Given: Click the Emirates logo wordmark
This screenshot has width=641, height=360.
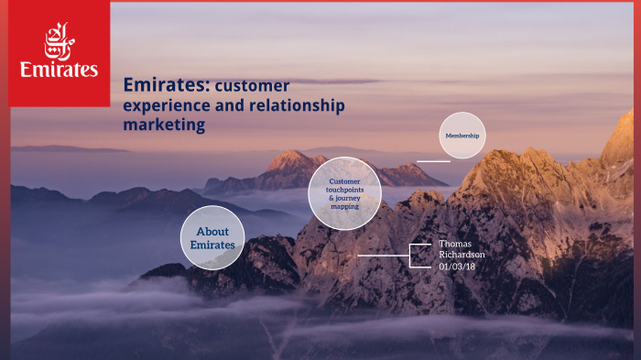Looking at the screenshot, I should click(60, 71).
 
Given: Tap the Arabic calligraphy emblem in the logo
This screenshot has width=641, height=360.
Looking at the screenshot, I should click(60, 41).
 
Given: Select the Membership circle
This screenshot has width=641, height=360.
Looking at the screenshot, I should click(462, 136).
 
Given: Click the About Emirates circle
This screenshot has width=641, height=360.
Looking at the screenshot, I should click(212, 237).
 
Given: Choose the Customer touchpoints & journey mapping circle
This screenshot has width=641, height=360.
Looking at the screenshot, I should click(344, 193).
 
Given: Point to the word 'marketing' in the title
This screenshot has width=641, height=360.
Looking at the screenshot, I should click(164, 125).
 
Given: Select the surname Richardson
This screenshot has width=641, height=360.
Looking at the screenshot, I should click(462, 255).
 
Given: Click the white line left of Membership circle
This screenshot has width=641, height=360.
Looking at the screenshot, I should click(432, 161).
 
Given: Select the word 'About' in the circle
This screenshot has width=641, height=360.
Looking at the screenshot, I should click(212, 232).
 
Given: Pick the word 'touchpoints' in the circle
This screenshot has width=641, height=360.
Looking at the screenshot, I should click(344, 190).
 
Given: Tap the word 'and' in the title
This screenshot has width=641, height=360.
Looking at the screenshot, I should click(233, 105).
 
